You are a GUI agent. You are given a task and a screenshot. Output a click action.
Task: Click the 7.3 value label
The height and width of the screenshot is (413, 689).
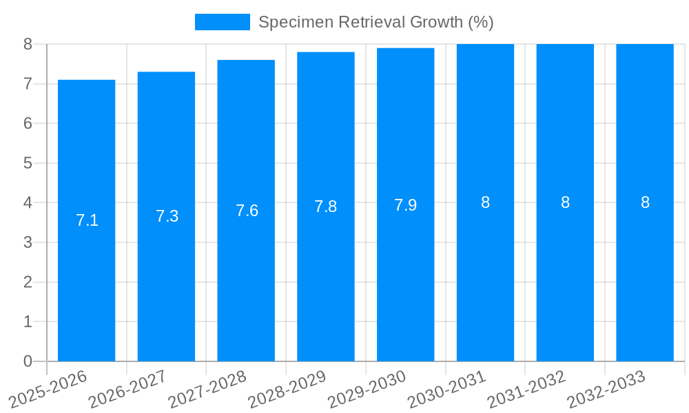tap(167, 216)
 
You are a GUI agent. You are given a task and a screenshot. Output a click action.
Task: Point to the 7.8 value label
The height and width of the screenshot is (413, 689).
tap(325, 206)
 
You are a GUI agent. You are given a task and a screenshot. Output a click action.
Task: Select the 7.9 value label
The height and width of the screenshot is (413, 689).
tap(405, 205)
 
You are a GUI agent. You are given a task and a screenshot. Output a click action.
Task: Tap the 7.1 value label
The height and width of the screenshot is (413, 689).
tap(87, 220)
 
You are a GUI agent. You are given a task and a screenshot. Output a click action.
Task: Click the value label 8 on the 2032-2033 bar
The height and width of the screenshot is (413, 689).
tap(645, 202)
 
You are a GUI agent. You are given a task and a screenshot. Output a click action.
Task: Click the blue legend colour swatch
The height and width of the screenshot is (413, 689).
tap(222, 22)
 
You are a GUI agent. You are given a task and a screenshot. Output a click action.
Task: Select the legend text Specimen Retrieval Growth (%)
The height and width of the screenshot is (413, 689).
tap(376, 22)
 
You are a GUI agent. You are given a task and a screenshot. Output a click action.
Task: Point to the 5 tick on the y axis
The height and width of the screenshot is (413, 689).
tap(28, 163)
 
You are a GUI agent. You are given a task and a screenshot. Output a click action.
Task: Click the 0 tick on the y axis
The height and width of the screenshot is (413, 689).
tap(28, 361)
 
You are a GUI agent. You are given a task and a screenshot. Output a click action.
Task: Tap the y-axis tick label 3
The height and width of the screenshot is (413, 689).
tap(28, 242)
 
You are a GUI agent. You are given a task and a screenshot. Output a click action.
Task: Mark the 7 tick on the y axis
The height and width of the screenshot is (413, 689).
tap(28, 84)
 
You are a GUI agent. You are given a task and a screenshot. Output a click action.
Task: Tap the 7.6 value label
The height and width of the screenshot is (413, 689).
tap(247, 211)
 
